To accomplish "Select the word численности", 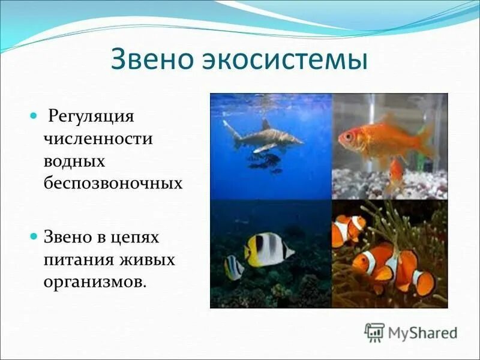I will [97, 139].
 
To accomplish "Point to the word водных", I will [74, 161].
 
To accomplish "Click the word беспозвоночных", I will [112, 183].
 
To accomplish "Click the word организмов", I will [94, 281].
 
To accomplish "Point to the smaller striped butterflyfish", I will [234, 268].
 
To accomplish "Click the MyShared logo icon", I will [374, 332].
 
